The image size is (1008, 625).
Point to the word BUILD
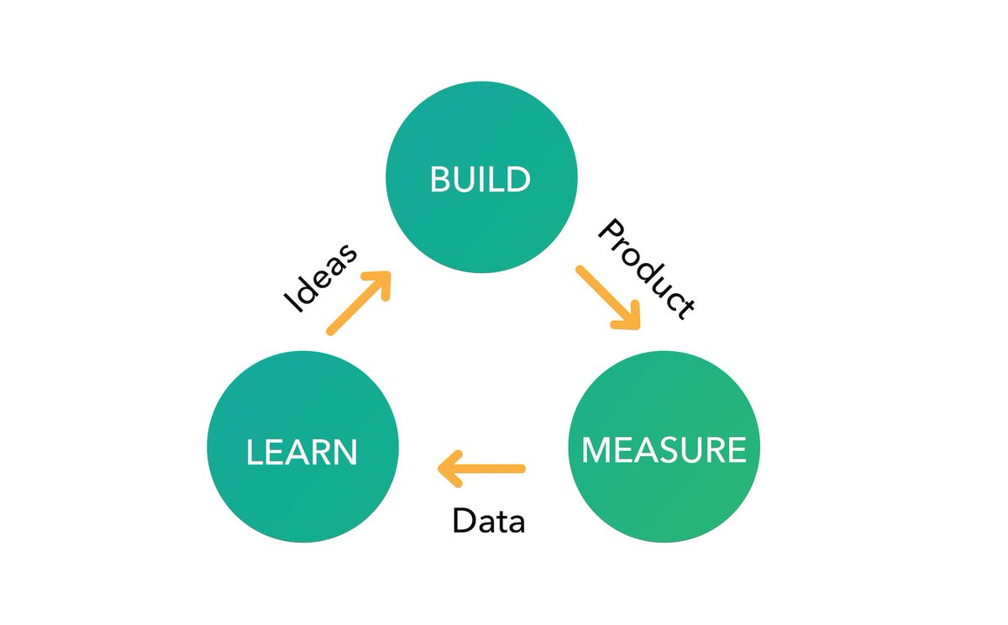pos(480,179)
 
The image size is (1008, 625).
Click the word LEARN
pos(302,452)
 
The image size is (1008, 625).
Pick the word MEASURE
pos(664,449)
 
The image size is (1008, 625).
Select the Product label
pos(647,268)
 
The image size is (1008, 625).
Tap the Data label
pos(488,522)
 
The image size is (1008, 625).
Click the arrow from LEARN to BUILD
pos(358,303)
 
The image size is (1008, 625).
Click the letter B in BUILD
pos(439,179)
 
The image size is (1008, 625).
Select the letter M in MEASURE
pos(598,449)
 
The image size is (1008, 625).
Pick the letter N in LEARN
pos(344,452)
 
